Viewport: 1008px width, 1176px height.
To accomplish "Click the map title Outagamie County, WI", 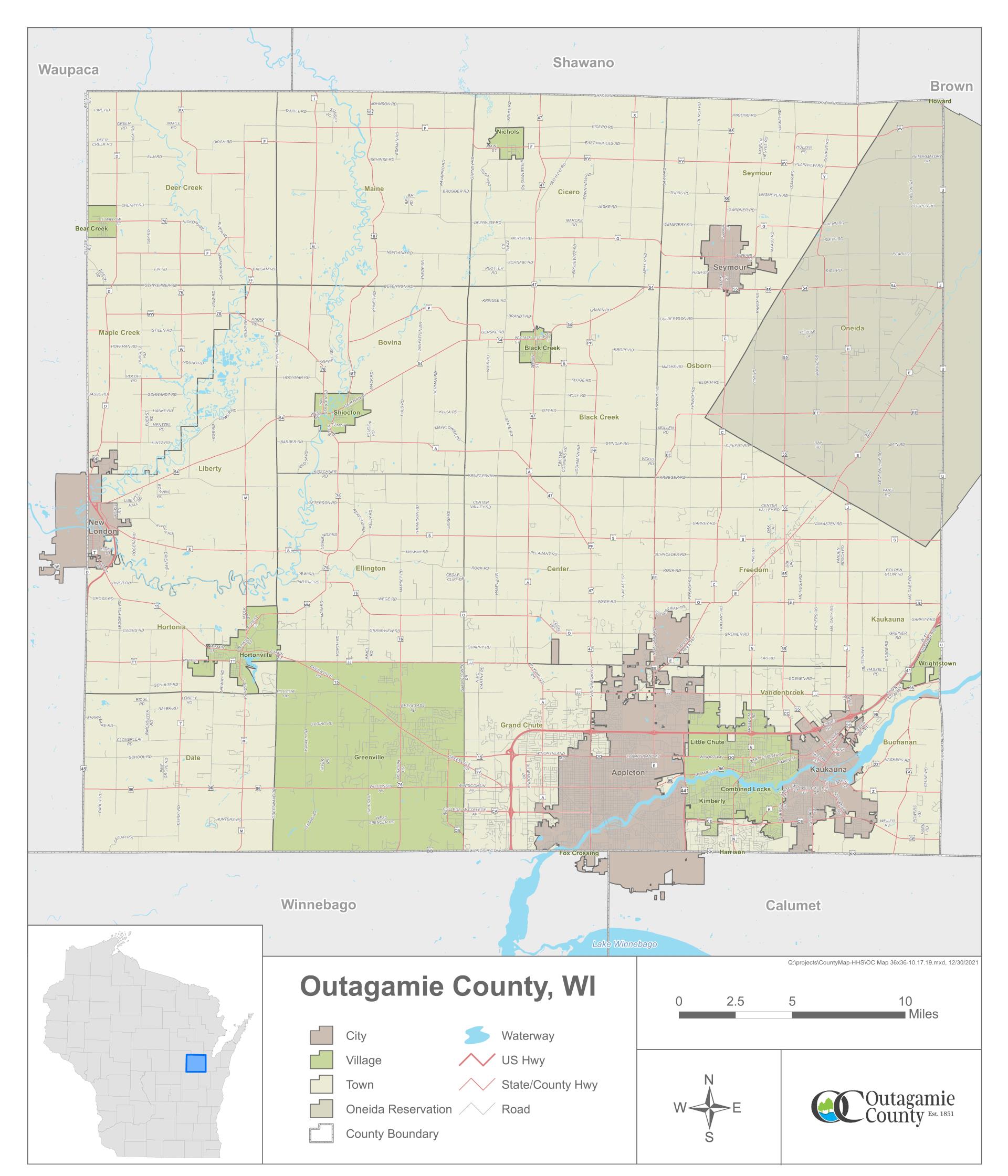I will point(447,986).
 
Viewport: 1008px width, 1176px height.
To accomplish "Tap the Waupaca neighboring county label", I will point(68,70).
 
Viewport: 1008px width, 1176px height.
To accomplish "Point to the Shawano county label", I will point(583,62).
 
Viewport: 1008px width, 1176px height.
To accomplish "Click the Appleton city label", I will point(628,772).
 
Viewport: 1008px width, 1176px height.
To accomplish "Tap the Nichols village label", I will point(507,132).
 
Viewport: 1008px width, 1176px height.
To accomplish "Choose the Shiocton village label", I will point(346,413).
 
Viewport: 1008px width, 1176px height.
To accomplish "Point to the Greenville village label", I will point(369,757).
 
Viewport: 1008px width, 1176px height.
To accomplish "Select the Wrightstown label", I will point(937,663).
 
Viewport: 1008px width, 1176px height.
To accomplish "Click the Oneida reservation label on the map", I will point(852,328).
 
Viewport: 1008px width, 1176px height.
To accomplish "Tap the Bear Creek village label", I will point(91,229).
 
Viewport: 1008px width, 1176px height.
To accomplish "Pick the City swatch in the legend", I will point(321,1036).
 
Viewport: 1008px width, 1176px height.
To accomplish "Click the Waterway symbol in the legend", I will point(476,1036).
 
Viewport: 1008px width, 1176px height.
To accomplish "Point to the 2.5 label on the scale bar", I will point(734,1002).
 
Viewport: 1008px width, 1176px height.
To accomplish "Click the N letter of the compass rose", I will point(708,1079).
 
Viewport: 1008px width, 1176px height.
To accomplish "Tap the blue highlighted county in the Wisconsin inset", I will point(195,1063).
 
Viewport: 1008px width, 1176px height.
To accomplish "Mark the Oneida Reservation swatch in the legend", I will point(321,1109).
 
